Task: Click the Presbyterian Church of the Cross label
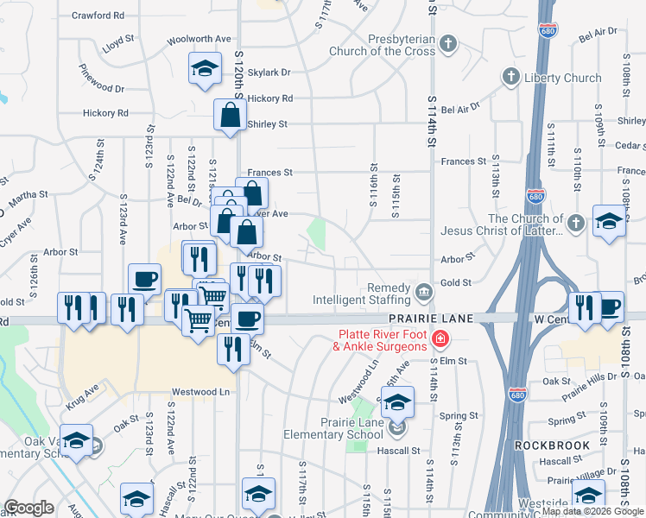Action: [x=382, y=44]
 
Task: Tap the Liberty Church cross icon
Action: [x=509, y=78]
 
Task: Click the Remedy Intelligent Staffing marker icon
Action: [x=423, y=292]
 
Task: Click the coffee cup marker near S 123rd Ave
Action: [x=145, y=279]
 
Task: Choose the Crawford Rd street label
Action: [x=98, y=16]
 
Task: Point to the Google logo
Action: [x=28, y=507]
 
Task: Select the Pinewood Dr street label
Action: [x=102, y=88]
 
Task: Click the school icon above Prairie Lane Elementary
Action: [x=397, y=401]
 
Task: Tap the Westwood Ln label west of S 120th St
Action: [x=200, y=392]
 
